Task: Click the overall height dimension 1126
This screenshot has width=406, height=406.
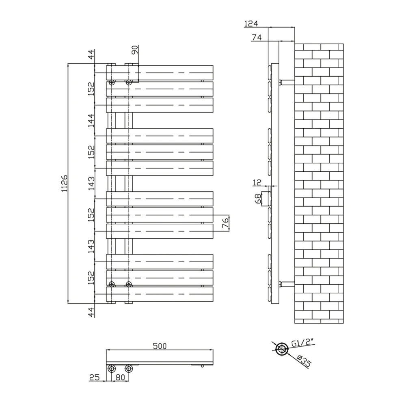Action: [64, 183]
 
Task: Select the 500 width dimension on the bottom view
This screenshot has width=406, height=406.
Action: [160, 346]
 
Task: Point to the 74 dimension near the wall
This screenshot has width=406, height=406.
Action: [256, 37]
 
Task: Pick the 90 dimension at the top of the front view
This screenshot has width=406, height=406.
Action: [135, 50]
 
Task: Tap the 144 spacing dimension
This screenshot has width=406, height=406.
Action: [91, 121]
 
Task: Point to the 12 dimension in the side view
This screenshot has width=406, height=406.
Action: [257, 183]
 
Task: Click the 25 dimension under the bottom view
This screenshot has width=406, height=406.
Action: [94, 377]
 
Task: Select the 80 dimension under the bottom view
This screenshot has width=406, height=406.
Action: [120, 377]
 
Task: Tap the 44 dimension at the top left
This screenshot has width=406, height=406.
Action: [91, 54]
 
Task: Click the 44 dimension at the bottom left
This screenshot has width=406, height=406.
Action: [91, 312]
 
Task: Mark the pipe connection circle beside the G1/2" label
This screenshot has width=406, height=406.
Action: [281, 349]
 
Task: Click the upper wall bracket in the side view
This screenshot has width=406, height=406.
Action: [287, 82]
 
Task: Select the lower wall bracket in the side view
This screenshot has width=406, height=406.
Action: [287, 284]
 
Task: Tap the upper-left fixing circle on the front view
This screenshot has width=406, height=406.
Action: [112, 82]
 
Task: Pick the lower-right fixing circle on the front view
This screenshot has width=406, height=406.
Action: [129, 284]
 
